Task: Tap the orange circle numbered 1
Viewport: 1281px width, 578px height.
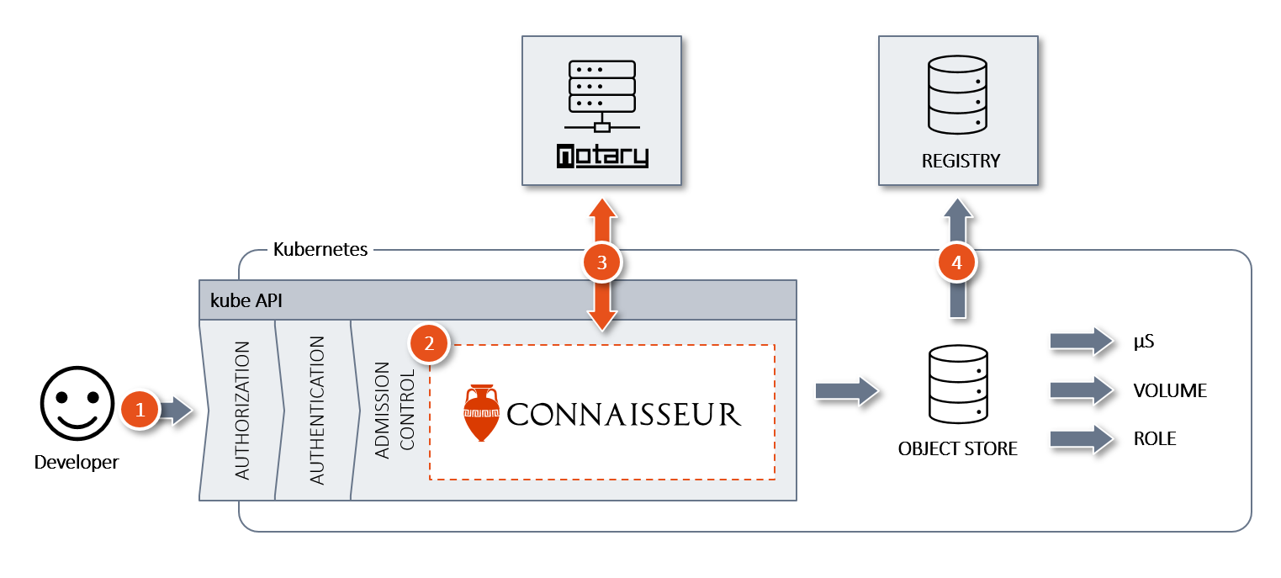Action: tap(140, 410)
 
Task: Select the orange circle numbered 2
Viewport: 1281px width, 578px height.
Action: tap(429, 343)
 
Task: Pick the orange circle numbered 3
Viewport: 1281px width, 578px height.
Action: tap(601, 263)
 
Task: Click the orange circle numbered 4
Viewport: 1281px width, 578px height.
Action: tap(957, 263)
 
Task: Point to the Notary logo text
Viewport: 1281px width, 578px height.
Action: tap(601, 156)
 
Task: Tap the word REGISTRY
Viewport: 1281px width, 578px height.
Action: tap(961, 160)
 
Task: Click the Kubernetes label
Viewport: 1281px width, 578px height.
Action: tap(320, 250)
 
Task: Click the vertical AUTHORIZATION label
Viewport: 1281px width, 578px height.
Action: tap(242, 410)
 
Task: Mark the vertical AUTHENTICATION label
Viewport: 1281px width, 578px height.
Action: tap(316, 410)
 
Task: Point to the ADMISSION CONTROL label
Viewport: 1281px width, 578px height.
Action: tap(394, 410)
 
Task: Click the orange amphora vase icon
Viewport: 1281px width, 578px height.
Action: tap(481, 413)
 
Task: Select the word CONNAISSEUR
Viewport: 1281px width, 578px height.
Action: tap(624, 414)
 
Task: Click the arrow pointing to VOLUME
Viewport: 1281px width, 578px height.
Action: tap(1080, 390)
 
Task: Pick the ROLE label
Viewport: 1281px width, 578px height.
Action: tap(1155, 439)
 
